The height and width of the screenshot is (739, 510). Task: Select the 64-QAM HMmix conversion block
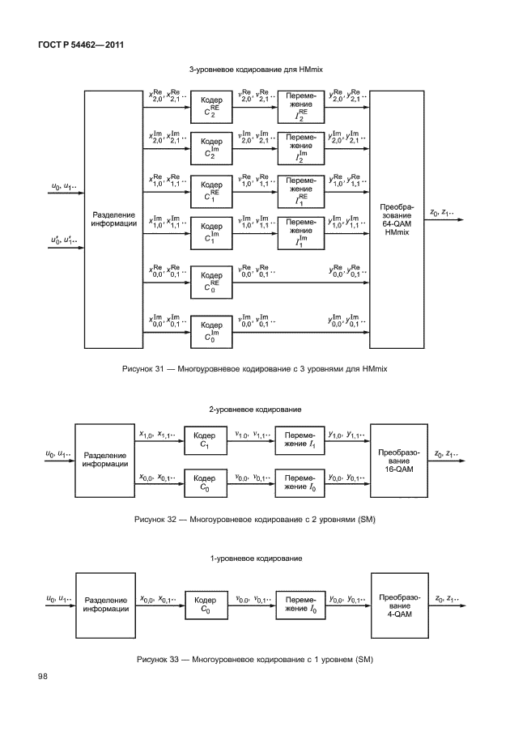(397, 219)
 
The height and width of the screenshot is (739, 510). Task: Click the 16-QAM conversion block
(397, 460)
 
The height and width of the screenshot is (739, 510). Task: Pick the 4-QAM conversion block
(397, 605)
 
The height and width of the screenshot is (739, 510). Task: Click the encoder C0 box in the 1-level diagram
(206, 605)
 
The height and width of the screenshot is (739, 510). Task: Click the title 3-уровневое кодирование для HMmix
(256, 70)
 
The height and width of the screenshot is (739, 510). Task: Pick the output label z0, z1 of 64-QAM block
(441, 214)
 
